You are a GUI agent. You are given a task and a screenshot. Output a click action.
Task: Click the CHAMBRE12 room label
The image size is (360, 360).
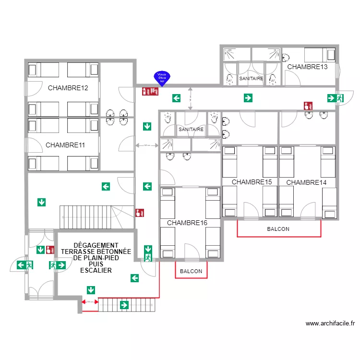coord(68,88)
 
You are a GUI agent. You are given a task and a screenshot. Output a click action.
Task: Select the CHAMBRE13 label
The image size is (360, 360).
coord(307,67)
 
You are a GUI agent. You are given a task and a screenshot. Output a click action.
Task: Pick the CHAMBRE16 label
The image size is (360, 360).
coord(187,223)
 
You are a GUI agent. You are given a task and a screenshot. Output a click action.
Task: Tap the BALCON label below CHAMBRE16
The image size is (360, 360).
coord(191,272)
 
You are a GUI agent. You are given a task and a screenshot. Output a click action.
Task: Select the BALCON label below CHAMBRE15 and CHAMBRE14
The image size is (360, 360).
coord(278,229)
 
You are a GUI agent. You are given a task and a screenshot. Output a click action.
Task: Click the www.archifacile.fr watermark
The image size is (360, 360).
coord(330,324)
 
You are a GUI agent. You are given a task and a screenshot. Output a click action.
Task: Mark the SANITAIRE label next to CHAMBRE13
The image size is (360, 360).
coord(251,78)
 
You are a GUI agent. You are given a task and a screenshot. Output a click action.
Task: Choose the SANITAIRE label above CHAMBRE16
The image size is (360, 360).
coord(191,130)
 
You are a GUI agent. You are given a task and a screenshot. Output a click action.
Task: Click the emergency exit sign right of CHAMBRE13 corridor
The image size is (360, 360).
coord(336,98)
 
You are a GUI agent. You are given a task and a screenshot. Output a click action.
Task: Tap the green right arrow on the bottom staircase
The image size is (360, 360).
coord(124,305)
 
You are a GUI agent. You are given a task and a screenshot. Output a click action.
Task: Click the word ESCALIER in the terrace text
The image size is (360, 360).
coord(96,270)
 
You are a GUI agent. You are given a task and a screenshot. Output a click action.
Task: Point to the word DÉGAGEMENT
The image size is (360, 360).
coord(96,245)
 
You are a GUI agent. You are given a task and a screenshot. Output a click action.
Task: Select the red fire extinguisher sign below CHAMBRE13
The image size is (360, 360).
coord(308,106)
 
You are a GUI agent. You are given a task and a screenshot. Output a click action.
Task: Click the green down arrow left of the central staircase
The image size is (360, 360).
coord(42,203)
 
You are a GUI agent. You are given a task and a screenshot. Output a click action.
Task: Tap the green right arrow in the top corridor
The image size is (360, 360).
coord(248,98)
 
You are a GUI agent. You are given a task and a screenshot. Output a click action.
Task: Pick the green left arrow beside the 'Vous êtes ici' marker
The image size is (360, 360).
coord(177,98)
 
